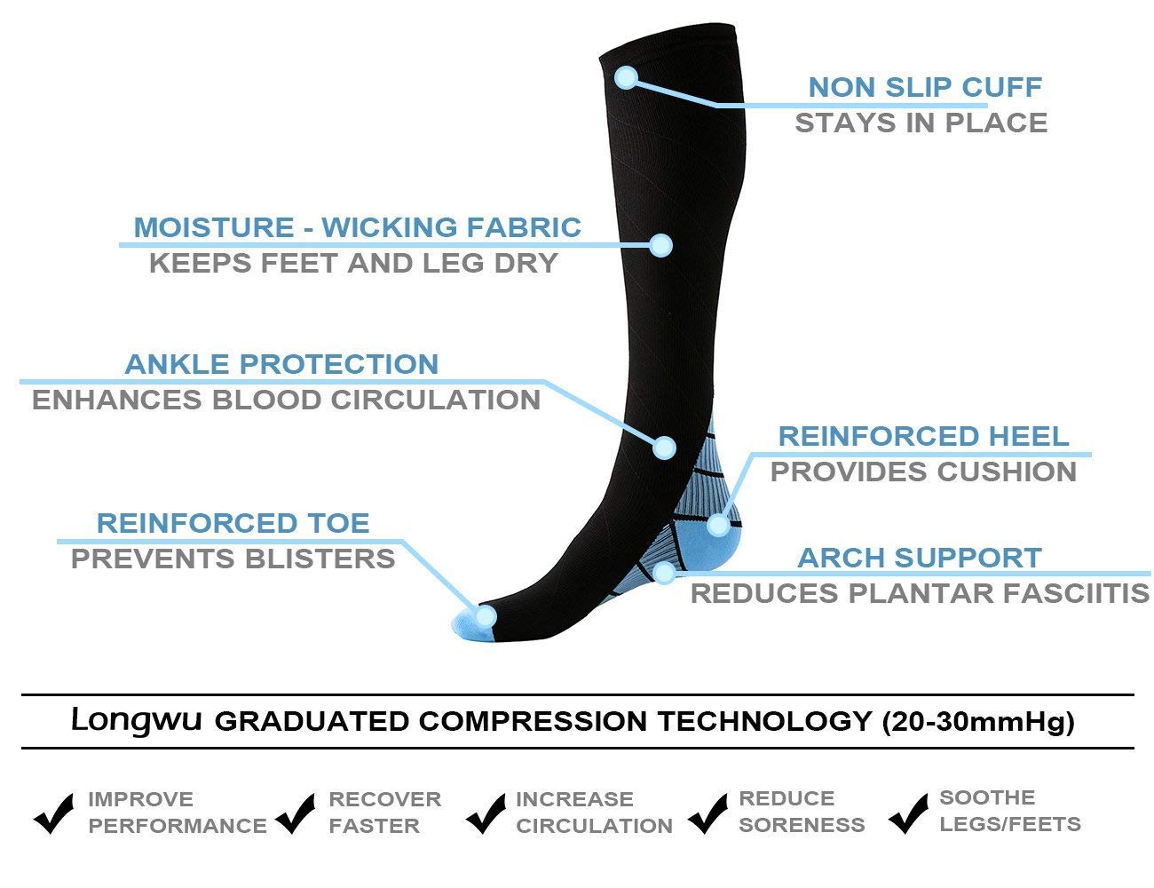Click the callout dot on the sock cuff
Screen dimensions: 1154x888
click(x=626, y=77)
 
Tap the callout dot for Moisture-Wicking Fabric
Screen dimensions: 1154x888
click(x=661, y=245)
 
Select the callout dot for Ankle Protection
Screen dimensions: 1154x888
click(x=664, y=448)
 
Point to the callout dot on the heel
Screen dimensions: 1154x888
click(x=718, y=525)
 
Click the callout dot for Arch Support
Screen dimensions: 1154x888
click(x=664, y=573)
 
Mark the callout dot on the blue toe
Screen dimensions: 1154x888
click(x=486, y=617)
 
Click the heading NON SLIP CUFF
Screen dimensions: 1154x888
click(x=925, y=87)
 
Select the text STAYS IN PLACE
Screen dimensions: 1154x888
click(x=921, y=123)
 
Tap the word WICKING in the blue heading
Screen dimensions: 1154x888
click(x=390, y=227)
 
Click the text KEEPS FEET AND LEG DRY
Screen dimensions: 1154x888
click(x=353, y=264)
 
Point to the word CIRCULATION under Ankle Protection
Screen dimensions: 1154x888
click(x=436, y=400)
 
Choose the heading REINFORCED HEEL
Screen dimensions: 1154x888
click(x=923, y=437)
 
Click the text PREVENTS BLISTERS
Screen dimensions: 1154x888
click(x=233, y=559)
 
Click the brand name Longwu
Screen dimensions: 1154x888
click(x=137, y=720)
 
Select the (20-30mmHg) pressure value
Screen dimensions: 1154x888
click(x=977, y=722)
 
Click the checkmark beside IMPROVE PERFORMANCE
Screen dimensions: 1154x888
click(x=53, y=813)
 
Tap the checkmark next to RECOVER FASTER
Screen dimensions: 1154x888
click(x=296, y=813)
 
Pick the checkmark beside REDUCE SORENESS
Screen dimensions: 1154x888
click(x=707, y=813)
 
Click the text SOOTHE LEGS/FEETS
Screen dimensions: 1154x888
click(x=1010, y=811)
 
